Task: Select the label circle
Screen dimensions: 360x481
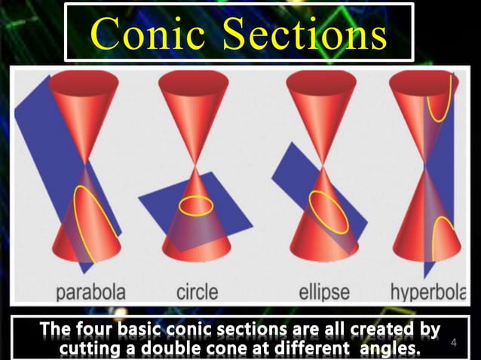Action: pyautogui.click(x=197, y=290)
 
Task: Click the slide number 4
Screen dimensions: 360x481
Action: pyautogui.click(x=454, y=343)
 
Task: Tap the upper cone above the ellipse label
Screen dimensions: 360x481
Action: pyautogui.click(x=322, y=105)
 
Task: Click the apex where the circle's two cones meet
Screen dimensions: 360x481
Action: pyautogui.click(x=196, y=164)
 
